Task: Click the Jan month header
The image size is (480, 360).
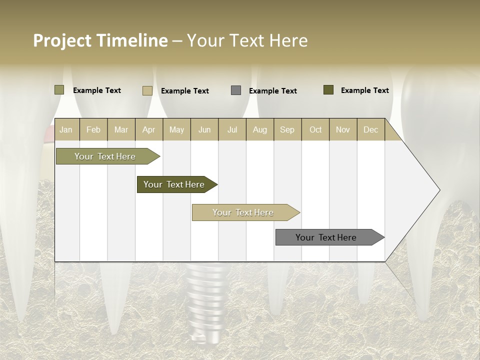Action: click(66, 130)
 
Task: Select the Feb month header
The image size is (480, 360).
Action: click(93, 130)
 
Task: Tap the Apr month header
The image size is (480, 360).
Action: click(148, 130)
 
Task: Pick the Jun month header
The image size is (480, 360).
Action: click(204, 130)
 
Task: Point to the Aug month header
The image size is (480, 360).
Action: click(259, 130)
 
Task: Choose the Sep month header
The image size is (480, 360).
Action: click(287, 130)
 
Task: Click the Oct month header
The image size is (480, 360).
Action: click(315, 130)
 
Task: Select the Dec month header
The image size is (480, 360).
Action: click(370, 130)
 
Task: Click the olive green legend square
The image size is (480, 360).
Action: click(59, 90)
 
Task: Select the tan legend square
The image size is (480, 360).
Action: click(147, 90)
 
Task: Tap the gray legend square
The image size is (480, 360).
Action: click(236, 90)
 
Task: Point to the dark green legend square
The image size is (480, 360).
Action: click(328, 90)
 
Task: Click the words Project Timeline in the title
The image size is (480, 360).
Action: click(100, 40)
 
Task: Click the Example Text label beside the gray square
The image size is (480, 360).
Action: click(272, 91)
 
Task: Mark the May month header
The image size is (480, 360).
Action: click(176, 130)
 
